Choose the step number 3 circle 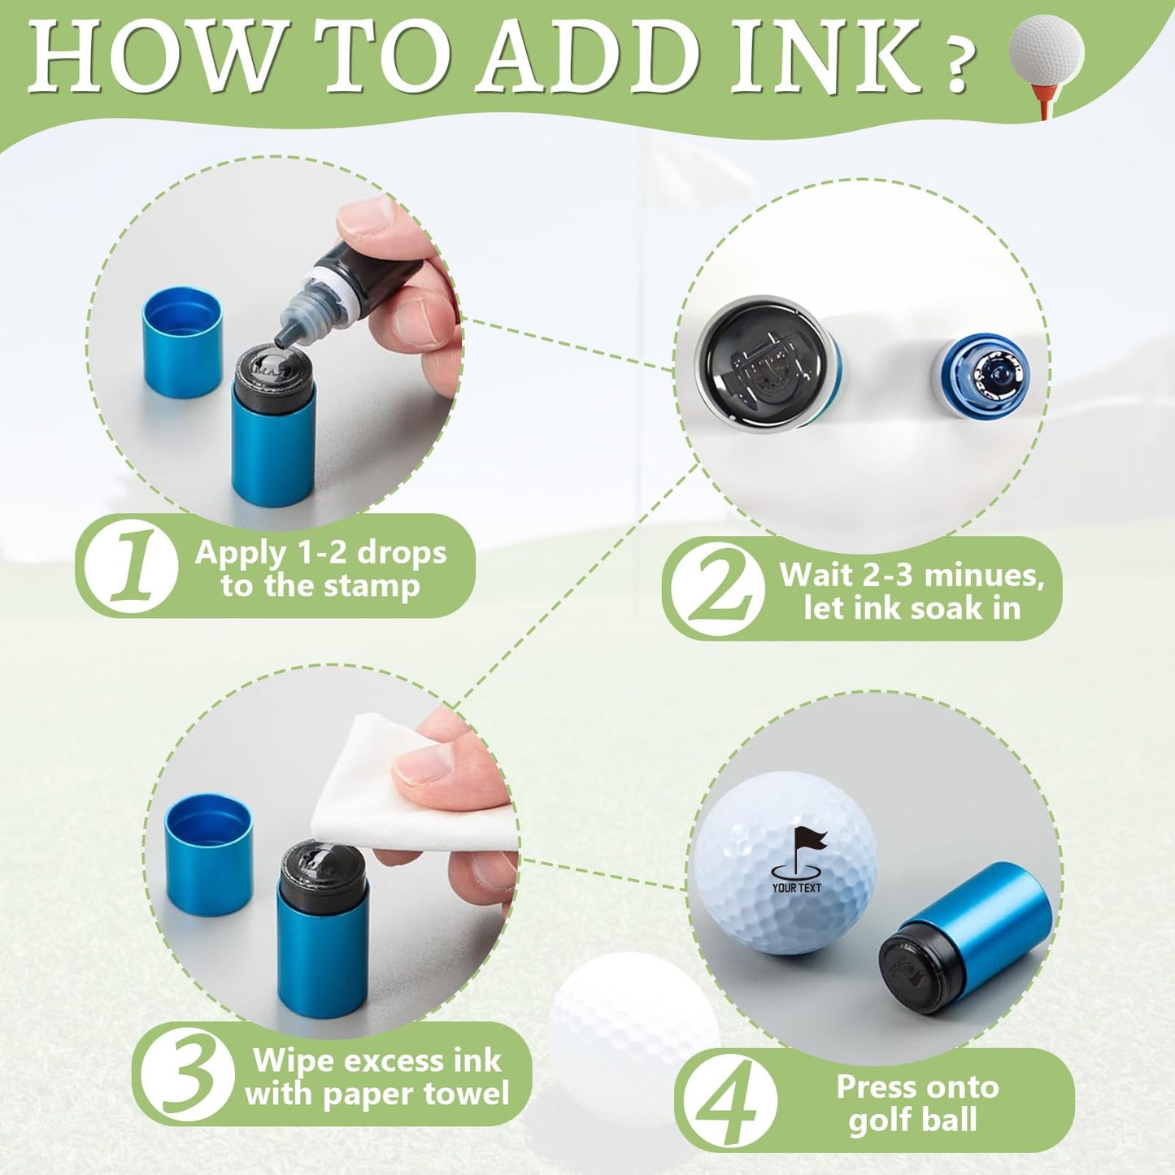coord(187,1074)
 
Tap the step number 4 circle coord(729,1100)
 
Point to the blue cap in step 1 coord(182,342)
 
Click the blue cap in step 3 coord(208,854)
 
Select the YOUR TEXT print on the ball coord(797,888)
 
